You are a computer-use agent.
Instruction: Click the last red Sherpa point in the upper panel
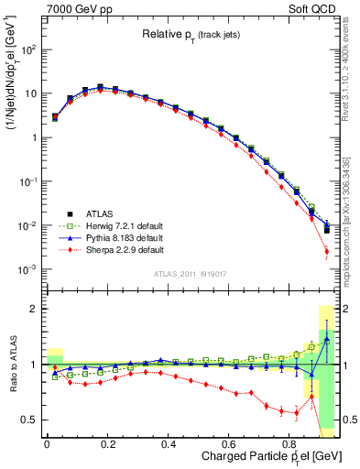tap(327, 251)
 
